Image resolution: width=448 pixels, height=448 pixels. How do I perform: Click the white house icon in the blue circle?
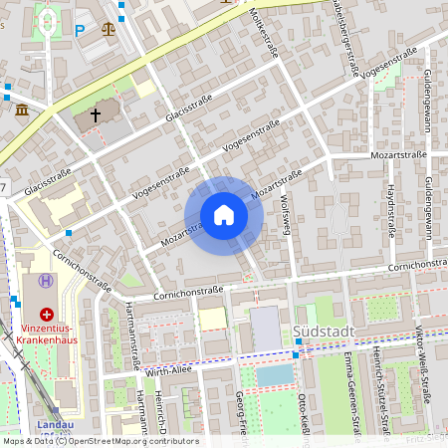pos(223,215)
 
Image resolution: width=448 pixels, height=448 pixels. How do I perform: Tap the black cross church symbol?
pos(96,115)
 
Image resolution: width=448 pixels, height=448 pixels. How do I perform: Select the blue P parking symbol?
pos(80,30)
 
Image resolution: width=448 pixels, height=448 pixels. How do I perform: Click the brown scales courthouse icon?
pos(108,27)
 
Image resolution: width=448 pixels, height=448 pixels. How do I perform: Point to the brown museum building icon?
pos(21,109)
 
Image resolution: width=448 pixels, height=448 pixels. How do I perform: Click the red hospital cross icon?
pos(47,313)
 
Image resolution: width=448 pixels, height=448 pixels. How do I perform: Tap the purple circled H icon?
pos(45,281)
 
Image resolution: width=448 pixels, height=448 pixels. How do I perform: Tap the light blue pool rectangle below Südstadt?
pos(275,375)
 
